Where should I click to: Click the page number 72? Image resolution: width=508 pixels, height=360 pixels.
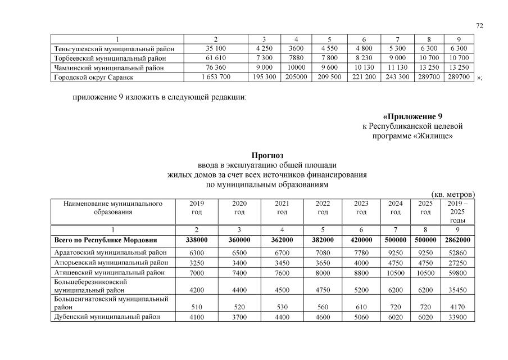479,25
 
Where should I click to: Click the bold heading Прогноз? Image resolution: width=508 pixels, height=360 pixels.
267,155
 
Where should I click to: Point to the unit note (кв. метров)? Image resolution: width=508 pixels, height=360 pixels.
453,193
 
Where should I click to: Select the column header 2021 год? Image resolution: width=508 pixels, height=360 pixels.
282,208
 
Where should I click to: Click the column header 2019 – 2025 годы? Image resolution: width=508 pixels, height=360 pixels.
459,212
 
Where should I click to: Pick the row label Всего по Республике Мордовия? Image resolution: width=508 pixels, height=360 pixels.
106,240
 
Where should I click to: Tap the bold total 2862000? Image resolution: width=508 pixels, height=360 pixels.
459,240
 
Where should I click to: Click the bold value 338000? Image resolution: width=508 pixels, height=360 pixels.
197,240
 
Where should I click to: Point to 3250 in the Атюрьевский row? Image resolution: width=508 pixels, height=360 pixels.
197,263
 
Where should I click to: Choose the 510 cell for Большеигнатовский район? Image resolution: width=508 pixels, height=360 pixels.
197,307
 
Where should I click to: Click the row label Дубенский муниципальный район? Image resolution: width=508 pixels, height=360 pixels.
107,316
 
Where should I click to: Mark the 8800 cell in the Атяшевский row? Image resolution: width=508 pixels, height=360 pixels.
361,272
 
